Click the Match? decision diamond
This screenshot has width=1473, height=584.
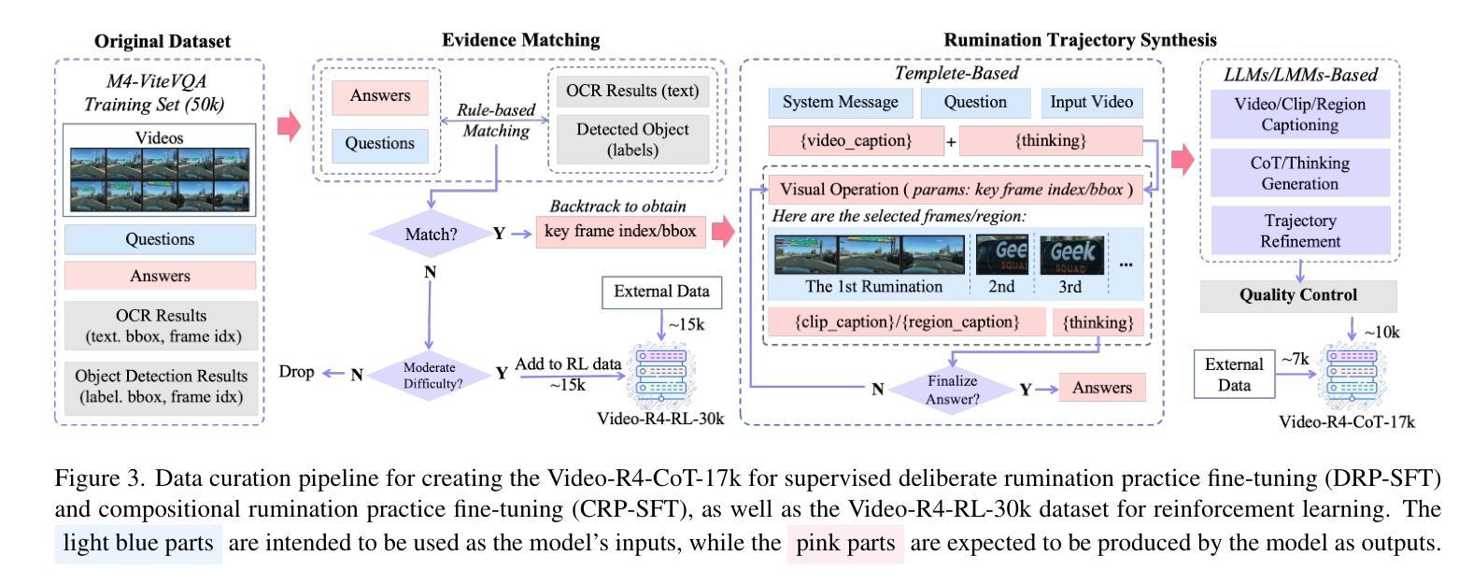[x=431, y=234]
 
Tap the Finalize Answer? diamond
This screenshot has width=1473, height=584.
[x=952, y=390]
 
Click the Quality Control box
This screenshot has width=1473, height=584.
[x=1298, y=295]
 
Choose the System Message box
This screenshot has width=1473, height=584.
[x=840, y=103]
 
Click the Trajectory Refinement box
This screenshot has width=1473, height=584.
[x=1300, y=231]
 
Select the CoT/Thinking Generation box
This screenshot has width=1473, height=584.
[x=1300, y=173]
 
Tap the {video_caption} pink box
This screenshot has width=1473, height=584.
[x=855, y=141]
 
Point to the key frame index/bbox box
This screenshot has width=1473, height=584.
[x=619, y=232]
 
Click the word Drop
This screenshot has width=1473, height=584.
[x=296, y=372]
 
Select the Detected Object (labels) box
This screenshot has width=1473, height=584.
[x=632, y=139]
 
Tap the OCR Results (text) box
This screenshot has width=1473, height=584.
[x=632, y=91]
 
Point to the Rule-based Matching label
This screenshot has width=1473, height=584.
[x=496, y=121]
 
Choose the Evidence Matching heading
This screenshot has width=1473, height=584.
[x=520, y=40]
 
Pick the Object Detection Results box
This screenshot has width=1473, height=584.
[x=161, y=386]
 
